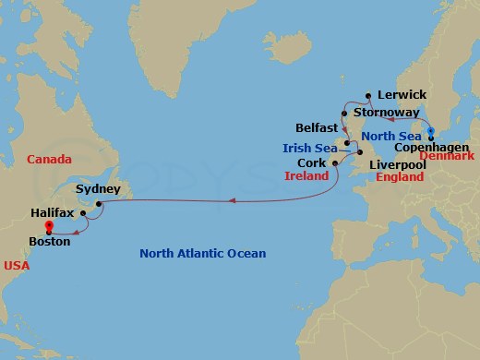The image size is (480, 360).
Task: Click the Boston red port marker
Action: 48,224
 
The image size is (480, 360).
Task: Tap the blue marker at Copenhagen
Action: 431,131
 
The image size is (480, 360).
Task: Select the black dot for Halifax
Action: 83,212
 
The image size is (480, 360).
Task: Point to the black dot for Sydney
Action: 97,202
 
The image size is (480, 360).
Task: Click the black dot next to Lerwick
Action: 367,94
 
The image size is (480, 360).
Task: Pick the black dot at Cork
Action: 335,162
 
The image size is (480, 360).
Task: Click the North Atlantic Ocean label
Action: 202,254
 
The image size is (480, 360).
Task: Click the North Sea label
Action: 390,136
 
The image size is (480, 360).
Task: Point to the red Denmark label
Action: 448,157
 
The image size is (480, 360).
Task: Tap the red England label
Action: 400,175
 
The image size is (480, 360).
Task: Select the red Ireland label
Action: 307,175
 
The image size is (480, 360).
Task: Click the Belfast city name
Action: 316,127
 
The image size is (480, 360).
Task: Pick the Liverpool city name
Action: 396,163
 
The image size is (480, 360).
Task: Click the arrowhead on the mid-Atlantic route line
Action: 232,199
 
